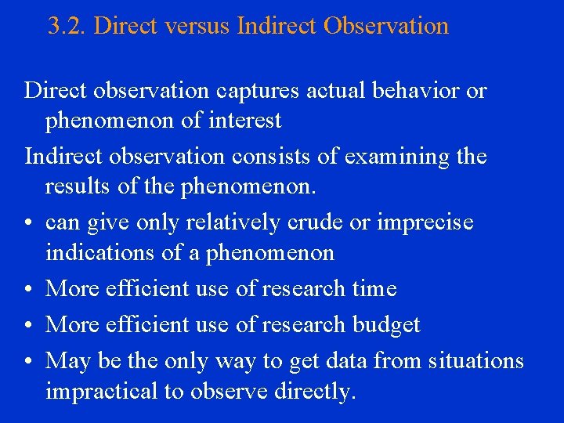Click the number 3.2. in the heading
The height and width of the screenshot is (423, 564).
coord(67,27)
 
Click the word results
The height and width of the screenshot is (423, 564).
coord(77,187)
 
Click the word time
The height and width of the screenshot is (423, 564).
coord(374,288)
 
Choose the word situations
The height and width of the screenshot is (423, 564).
coord(470,360)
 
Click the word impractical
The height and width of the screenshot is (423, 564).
coord(102,391)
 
